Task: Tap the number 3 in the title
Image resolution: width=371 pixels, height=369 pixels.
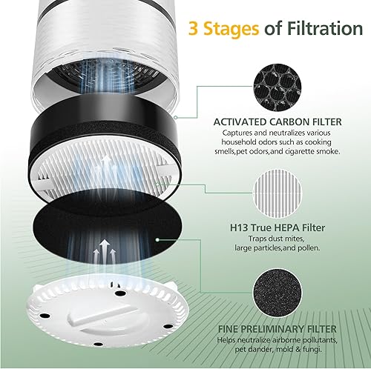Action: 194,28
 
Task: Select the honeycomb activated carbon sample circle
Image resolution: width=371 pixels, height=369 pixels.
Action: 278,87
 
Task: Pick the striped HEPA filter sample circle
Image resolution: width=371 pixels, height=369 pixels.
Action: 278,193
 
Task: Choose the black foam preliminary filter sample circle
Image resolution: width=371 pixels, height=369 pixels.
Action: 278,293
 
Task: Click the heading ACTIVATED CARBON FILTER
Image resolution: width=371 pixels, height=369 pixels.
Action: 278,122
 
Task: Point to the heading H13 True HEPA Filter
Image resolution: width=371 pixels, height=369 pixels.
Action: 278,227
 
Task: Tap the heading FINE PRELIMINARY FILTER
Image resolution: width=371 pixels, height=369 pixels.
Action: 278,329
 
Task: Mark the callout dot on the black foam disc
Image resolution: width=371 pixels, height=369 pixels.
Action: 157,239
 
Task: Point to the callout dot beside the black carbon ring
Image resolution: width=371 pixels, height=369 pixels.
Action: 175,117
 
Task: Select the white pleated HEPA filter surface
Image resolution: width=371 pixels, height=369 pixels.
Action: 104,170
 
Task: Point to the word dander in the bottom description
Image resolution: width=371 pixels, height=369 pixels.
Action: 260,350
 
